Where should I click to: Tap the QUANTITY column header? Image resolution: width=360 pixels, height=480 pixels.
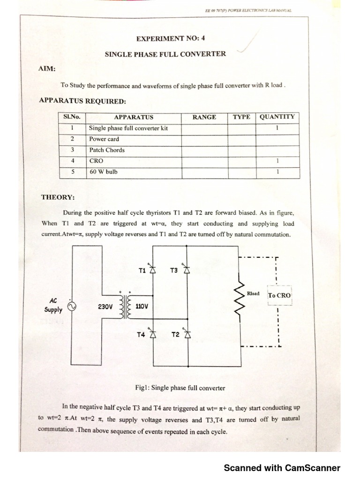(277, 117)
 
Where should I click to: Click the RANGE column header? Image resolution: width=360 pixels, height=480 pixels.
(204, 117)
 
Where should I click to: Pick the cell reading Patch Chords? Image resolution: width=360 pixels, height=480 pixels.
(107, 150)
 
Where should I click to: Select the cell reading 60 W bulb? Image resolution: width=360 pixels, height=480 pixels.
(104, 172)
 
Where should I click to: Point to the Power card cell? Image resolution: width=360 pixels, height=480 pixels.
(104, 139)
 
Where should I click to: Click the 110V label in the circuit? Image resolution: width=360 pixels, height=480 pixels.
(141, 307)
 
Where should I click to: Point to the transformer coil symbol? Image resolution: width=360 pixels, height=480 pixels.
(125, 307)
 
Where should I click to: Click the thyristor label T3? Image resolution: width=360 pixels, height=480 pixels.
(174, 270)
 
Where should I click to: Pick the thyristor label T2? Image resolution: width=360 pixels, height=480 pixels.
(175, 335)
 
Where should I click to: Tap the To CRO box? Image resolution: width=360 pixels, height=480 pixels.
(280, 296)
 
